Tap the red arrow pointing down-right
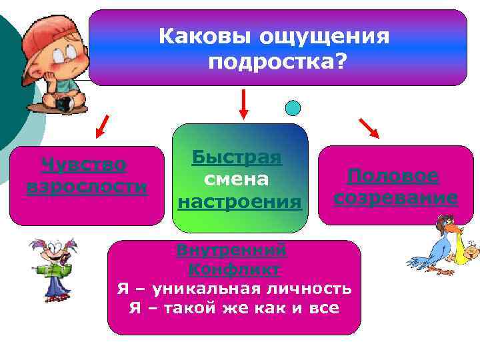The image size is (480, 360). click(x=368, y=127)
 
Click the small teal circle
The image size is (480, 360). click(x=293, y=107)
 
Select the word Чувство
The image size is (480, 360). click(x=84, y=163)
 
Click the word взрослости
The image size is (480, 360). click(x=87, y=186)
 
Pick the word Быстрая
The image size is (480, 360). click(x=237, y=157)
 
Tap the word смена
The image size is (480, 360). click(x=237, y=179)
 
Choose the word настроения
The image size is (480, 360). click(x=239, y=201)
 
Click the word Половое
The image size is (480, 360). click(x=393, y=176)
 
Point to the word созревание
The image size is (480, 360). click(x=395, y=199)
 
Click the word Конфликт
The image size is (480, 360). click(x=233, y=269)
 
